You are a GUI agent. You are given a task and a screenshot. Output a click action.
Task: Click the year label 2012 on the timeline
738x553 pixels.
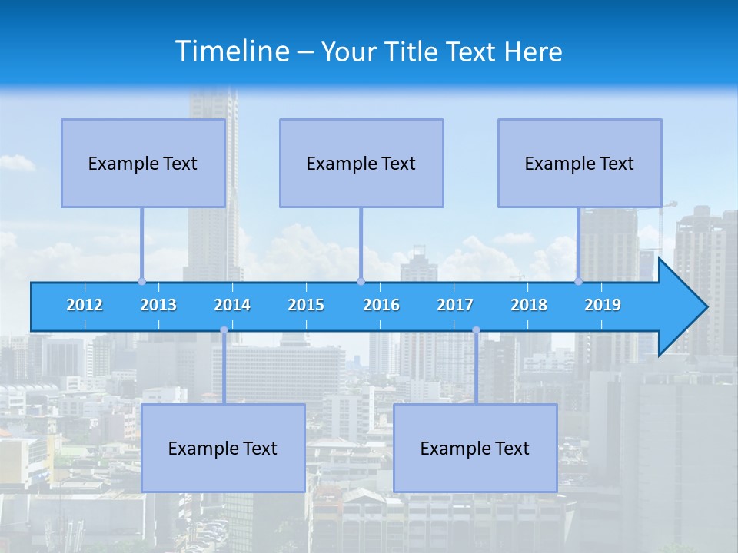tap(85, 305)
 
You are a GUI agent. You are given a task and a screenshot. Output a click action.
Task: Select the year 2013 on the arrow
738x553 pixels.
tap(158, 305)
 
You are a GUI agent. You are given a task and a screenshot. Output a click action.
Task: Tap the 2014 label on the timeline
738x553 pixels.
tap(232, 305)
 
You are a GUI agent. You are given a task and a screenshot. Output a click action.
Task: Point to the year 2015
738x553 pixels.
tap(306, 305)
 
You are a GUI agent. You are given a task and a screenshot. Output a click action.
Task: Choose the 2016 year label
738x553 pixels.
tap(381, 305)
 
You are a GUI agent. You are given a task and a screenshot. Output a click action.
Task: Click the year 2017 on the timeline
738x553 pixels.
tap(455, 305)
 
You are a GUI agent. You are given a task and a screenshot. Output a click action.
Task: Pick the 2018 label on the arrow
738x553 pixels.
tap(529, 305)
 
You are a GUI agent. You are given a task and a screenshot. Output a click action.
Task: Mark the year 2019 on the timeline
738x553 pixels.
tap(603, 305)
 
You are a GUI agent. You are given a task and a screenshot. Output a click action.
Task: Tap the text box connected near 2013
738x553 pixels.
tap(143, 163)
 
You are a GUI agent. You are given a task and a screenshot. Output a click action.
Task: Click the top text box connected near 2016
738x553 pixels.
tap(361, 163)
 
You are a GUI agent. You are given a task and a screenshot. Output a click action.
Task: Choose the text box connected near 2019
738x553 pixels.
tap(580, 163)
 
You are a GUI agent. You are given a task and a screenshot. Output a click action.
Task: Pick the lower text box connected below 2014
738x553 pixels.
tap(223, 448)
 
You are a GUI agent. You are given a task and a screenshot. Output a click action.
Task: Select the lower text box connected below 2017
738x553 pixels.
tap(475, 448)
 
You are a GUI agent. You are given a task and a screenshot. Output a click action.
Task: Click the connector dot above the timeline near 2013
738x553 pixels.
tap(141, 281)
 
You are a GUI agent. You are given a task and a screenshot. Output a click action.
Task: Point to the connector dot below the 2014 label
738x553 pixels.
tap(224, 330)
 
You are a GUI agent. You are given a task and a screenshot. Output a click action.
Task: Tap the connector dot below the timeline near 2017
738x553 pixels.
tap(476, 330)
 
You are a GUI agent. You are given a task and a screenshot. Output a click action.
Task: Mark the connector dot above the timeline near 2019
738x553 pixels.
tap(578, 281)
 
